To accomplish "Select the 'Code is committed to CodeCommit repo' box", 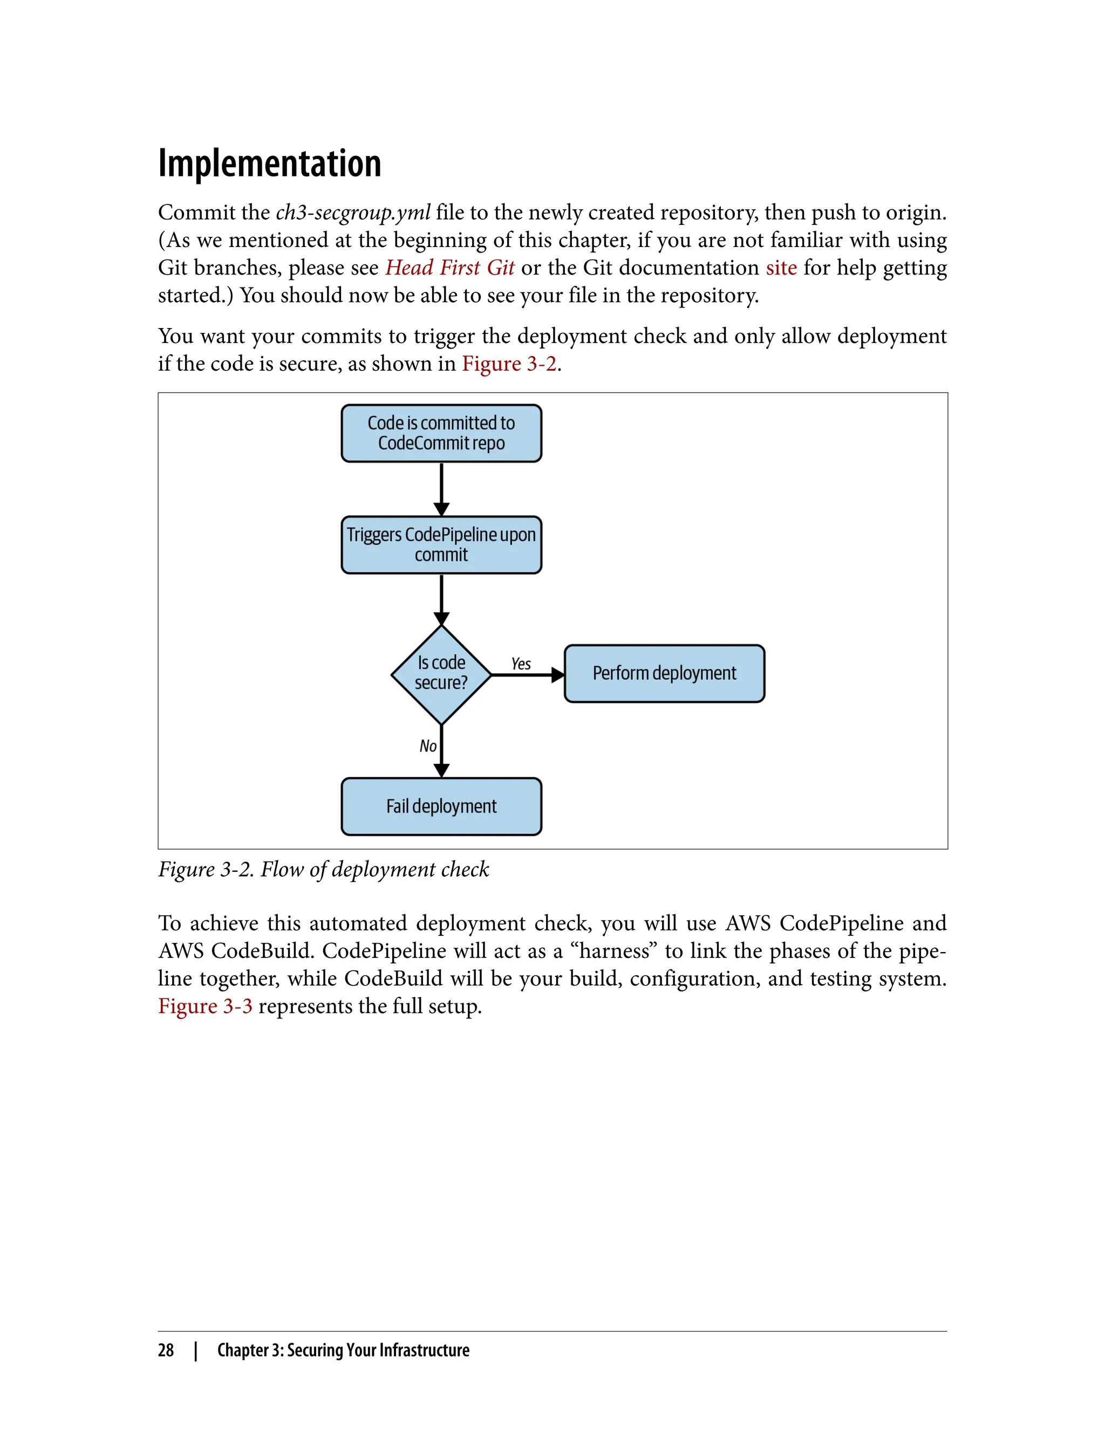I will (441, 433).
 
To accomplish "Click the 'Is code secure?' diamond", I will (441, 674).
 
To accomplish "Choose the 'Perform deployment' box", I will (664, 673).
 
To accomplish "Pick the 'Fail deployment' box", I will (441, 806).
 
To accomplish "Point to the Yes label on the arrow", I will (521, 664).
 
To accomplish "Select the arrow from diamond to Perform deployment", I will (526, 675).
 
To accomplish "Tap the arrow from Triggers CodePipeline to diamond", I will (441, 598).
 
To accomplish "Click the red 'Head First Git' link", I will (450, 268).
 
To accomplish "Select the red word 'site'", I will (781, 268).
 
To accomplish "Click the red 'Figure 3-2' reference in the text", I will (509, 364).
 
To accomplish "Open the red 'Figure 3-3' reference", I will (205, 1006).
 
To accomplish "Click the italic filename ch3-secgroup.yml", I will (353, 213).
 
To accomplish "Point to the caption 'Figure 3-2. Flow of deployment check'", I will (324, 870).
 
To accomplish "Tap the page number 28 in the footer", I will (166, 1350).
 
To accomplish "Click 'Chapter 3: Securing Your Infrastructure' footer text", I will (343, 1350).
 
